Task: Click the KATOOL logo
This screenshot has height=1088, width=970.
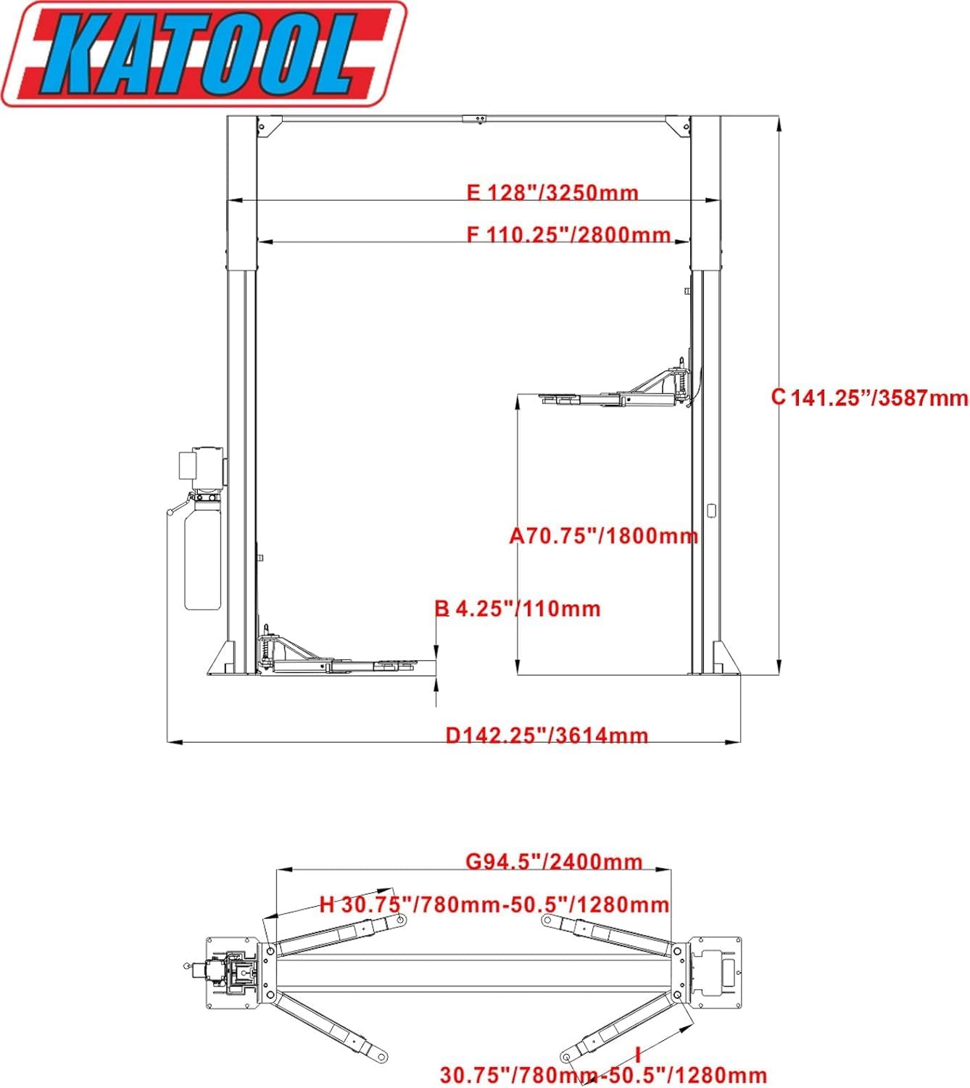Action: coord(203,54)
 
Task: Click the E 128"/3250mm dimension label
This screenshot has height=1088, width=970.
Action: coord(552,193)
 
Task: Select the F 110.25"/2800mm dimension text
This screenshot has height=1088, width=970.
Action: coord(568,235)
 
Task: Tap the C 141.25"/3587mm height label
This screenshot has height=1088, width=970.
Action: coord(869,397)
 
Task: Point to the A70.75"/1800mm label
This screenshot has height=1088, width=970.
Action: coord(603,536)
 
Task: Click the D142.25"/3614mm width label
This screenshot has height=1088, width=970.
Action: coord(547,735)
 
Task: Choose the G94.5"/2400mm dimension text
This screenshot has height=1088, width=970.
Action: coord(554,861)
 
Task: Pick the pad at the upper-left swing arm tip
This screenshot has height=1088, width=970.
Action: coord(399,919)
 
